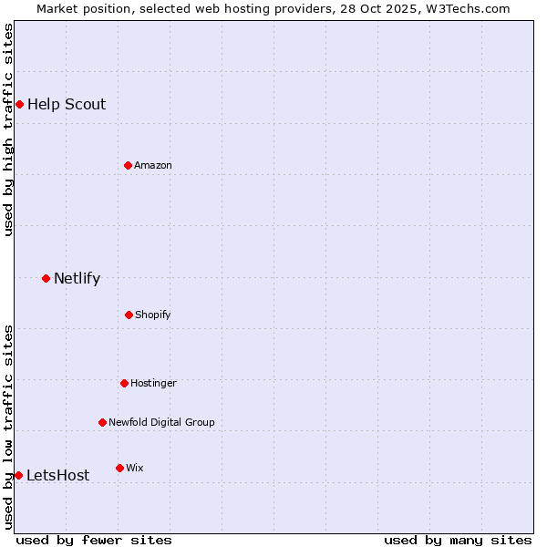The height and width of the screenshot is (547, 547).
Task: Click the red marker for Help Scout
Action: point(19,104)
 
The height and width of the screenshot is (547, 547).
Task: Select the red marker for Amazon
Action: point(128,165)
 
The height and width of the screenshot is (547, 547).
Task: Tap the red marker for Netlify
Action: point(46,278)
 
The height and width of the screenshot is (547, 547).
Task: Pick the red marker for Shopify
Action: point(129,315)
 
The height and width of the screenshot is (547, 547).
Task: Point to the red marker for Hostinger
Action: point(124,383)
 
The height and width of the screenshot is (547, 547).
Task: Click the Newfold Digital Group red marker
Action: point(102,422)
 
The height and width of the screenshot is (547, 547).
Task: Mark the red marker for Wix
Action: point(119,468)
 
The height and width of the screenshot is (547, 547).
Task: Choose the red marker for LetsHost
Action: point(18,475)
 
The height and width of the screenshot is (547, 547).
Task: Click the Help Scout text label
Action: point(67,104)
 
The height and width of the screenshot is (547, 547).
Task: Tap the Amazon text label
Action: point(153,165)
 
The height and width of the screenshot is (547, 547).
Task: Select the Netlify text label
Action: point(77,278)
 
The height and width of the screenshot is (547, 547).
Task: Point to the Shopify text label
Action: point(153,315)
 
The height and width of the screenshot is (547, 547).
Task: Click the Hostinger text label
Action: point(153,383)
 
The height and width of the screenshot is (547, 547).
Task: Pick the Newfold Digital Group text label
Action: point(161,422)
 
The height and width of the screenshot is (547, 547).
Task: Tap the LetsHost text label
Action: point(58,475)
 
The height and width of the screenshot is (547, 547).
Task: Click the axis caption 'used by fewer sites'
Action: point(94,540)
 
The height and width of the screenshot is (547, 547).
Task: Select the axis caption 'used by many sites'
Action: point(458,540)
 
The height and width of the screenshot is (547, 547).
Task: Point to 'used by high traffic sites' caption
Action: point(8,129)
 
